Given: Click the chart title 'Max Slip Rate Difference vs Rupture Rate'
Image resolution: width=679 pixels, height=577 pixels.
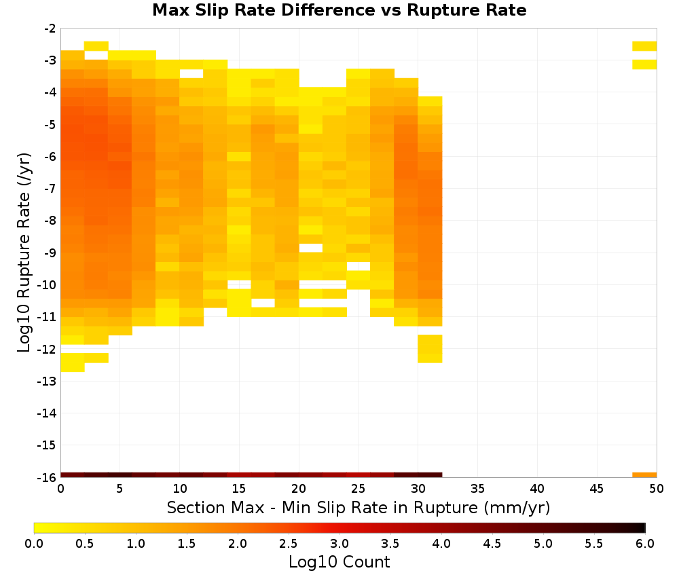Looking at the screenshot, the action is (339, 10).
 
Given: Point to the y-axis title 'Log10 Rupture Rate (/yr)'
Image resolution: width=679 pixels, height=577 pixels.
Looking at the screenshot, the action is (24, 253).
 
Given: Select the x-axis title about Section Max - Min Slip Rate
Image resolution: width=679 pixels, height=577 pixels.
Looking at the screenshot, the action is (358, 507).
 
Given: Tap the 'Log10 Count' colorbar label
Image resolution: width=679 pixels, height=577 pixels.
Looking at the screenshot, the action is (339, 562).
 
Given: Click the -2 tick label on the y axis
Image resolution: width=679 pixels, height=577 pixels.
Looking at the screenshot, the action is (50, 29).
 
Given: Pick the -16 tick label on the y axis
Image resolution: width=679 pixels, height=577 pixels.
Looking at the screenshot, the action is (47, 477).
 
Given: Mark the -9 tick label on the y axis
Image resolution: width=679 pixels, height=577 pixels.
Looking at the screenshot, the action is (50, 253).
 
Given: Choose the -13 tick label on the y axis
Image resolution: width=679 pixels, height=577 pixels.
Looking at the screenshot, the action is (47, 381).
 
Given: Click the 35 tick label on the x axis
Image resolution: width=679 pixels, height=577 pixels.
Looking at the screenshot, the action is (477, 489).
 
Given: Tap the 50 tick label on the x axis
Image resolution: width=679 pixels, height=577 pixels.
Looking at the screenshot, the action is (656, 489).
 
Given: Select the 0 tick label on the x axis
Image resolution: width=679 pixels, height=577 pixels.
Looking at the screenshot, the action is (60, 489).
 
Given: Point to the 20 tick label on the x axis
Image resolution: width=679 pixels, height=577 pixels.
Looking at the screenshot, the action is (299, 489).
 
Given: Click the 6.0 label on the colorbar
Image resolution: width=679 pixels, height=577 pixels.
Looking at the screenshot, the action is (645, 544).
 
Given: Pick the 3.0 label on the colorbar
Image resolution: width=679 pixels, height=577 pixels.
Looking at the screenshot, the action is (339, 544).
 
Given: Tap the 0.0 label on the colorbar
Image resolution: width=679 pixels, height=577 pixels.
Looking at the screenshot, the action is (34, 544).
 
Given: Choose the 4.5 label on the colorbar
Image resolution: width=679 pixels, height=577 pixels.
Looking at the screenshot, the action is (492, 544).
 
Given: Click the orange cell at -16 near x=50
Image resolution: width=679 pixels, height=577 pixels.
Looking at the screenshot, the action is (644, 475).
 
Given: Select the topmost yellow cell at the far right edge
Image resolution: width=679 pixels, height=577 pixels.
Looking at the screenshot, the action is (644, 46).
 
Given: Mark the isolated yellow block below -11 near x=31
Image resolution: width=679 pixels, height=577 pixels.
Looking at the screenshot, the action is (430, 349).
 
